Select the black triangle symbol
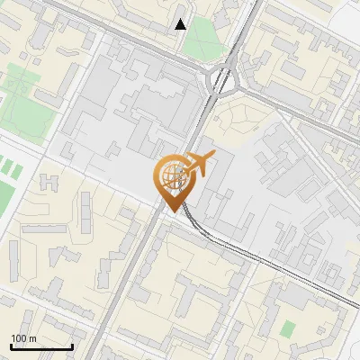coord(181,24)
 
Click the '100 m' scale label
coord(23,338)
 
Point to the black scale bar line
coord(41,346)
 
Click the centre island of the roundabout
coord(222,82)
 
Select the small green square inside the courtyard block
coord(288,329)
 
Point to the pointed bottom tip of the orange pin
coord(172,209)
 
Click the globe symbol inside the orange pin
coord(172,171)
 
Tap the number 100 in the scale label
coord(19,338)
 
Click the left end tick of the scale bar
coord(11,346)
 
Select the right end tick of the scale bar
coord(72,346)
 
